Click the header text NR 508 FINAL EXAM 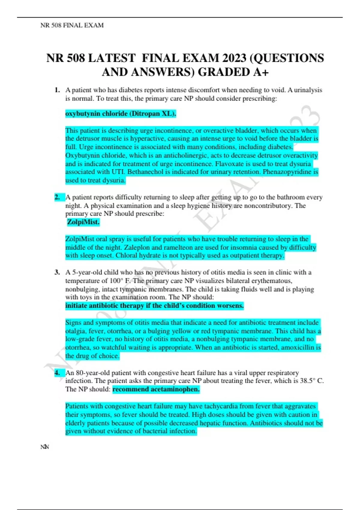[72, 25]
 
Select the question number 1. [57, 90]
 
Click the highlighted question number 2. [57, 197]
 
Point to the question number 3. [57, 272]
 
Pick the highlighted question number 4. [57, 373]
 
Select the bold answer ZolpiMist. [83, 222]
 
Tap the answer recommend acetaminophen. [156, 389]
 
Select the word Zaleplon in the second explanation [136, 247]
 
